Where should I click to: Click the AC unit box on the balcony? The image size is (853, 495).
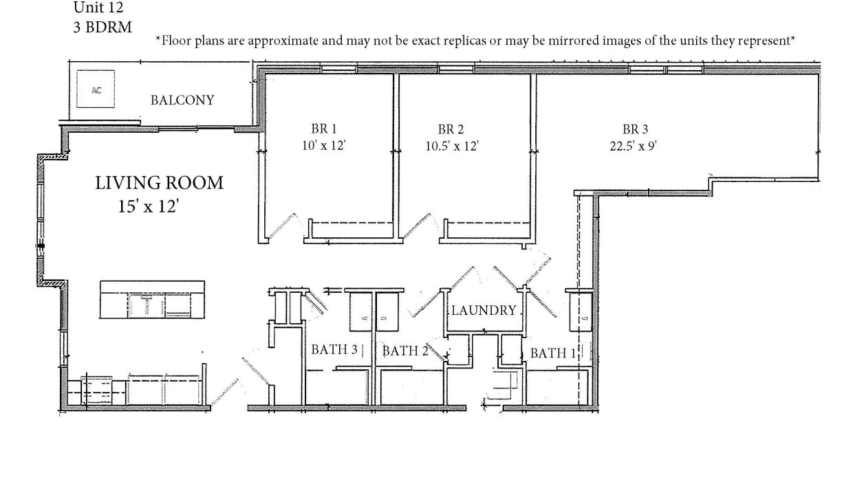(x=96, y=89)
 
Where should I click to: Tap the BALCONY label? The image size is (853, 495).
(x=182, y=100)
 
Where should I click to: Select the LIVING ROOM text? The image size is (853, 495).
(x=159, y=183)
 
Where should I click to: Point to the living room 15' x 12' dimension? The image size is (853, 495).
(x=149, y=206)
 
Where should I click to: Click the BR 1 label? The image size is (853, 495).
(x=324, y=129)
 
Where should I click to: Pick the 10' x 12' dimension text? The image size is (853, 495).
(x=324, y=145)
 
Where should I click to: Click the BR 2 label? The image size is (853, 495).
(x=451, y=129)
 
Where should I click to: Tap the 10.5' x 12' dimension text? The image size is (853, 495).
(x=452, y=146)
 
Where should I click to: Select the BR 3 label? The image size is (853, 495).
(x=635, y=129)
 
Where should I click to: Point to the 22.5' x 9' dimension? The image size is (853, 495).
(x=634, y=146)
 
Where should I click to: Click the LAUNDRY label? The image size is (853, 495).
(x=484, y=311)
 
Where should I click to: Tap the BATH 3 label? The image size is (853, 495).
(x=334, y=349)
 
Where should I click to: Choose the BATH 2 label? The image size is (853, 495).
(x=405, y=351)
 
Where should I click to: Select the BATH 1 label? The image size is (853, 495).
(x=553, y=353)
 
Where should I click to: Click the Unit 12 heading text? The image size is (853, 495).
(x=98, y=8)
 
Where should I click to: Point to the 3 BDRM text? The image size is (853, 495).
(x=102, y=27)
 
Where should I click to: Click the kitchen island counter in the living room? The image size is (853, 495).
(x=152, y=300)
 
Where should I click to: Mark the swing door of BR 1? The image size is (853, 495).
(x=282, y=227)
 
